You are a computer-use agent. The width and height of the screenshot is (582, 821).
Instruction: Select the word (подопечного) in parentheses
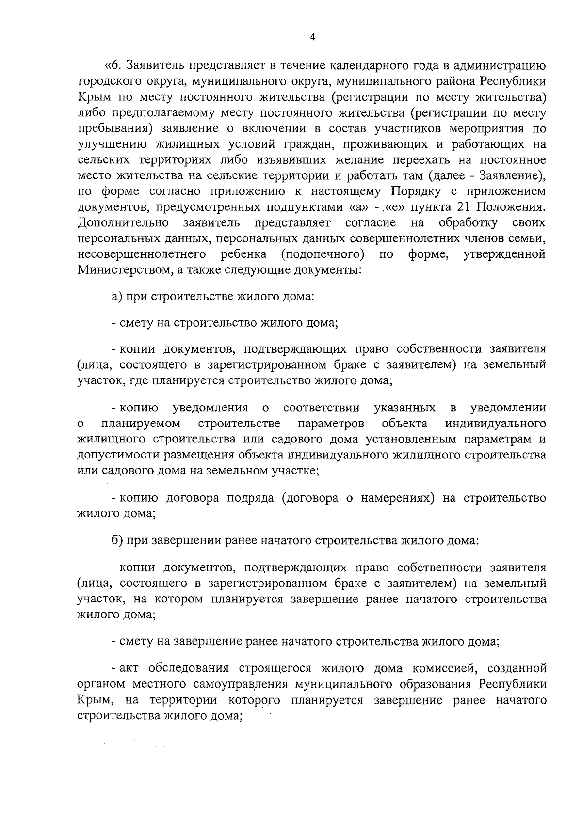(x=323, y=254)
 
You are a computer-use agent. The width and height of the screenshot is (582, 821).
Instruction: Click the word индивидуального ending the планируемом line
(x=495, y=423)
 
